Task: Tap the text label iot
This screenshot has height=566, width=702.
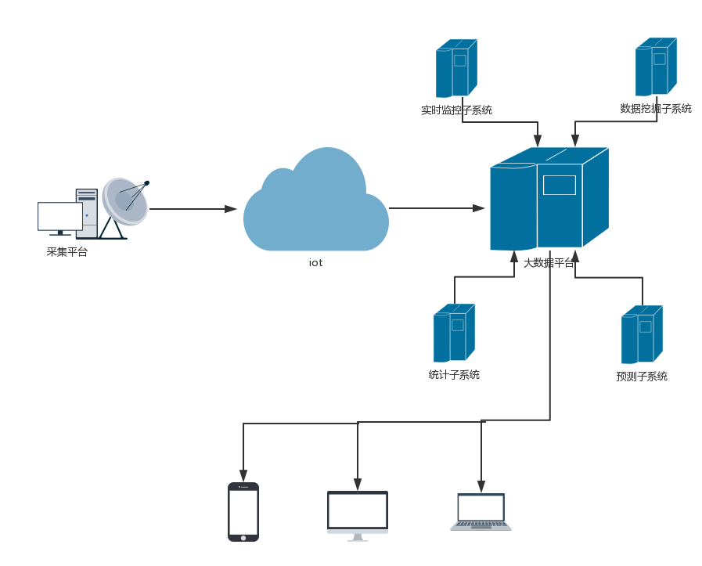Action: [315, 263]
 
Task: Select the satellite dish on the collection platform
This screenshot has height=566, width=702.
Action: [125, 200]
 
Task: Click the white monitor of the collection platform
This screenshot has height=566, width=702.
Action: [60, 216]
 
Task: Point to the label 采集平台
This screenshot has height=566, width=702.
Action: [67, 252]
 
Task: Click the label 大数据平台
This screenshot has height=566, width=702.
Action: [549, 263]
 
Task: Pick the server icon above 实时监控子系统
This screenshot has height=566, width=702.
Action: [456, 69]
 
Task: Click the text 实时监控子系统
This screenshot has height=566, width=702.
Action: [456, 110]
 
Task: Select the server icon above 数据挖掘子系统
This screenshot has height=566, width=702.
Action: [656, 67]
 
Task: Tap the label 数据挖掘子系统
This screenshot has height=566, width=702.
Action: [656, 109]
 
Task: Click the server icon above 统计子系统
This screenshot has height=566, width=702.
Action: [454, 333]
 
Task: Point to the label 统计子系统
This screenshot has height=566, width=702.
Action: [454, 375]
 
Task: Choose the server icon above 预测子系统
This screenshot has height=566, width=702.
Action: [642, 334]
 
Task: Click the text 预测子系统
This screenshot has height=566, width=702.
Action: [642, 377]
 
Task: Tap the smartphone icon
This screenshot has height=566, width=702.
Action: [243, 512]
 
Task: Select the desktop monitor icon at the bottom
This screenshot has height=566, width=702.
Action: [358, 514]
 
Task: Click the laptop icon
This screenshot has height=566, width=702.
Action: [481, 512]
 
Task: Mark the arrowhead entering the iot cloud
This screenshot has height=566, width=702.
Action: [231, 209]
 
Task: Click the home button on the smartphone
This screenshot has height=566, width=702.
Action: [243, 538]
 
